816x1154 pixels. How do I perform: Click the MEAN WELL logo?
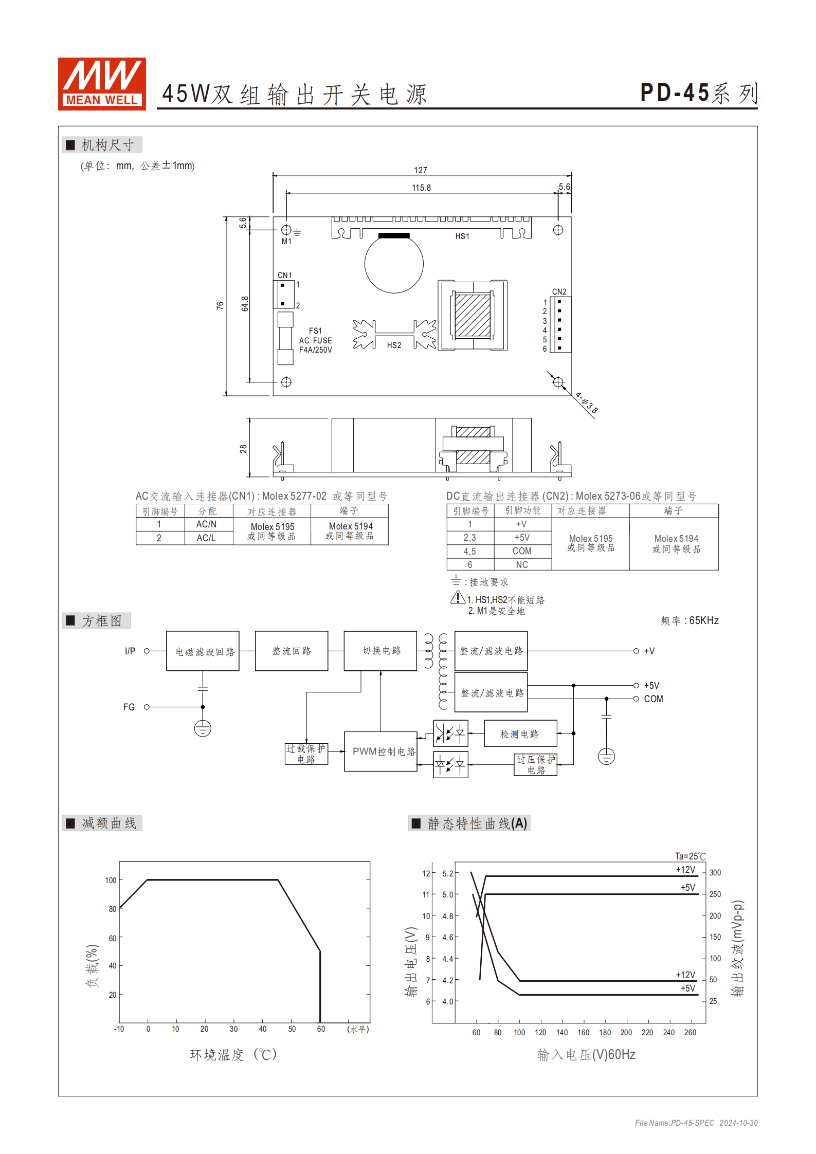[102, 84]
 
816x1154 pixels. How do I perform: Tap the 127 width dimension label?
[420, 170]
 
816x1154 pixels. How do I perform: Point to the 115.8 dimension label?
[421, 188]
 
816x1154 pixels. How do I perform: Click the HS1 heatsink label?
[462, 236]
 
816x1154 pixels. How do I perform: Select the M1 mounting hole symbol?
[286, 230]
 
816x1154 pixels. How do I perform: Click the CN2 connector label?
[559, 291]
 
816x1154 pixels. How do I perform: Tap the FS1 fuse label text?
[315, 331]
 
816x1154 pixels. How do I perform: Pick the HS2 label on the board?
[394, 345]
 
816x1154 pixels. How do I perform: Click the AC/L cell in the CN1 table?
[206, 538]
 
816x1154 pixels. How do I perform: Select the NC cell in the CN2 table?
[522, 564]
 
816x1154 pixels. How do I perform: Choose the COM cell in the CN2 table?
[522, 551]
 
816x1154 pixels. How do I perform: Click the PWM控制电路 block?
[380, 752]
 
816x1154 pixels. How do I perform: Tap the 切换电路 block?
[380, 651]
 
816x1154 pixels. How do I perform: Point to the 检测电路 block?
[520, 734]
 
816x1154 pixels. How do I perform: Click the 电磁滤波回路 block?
[203, 651]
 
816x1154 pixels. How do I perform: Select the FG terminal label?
[129, 707]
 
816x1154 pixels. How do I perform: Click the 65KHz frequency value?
[703, 620]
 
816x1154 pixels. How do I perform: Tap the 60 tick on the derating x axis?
[321, 1029]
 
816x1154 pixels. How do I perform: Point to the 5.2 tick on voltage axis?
[448, 873]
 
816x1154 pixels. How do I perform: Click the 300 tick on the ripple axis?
[715, 873]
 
